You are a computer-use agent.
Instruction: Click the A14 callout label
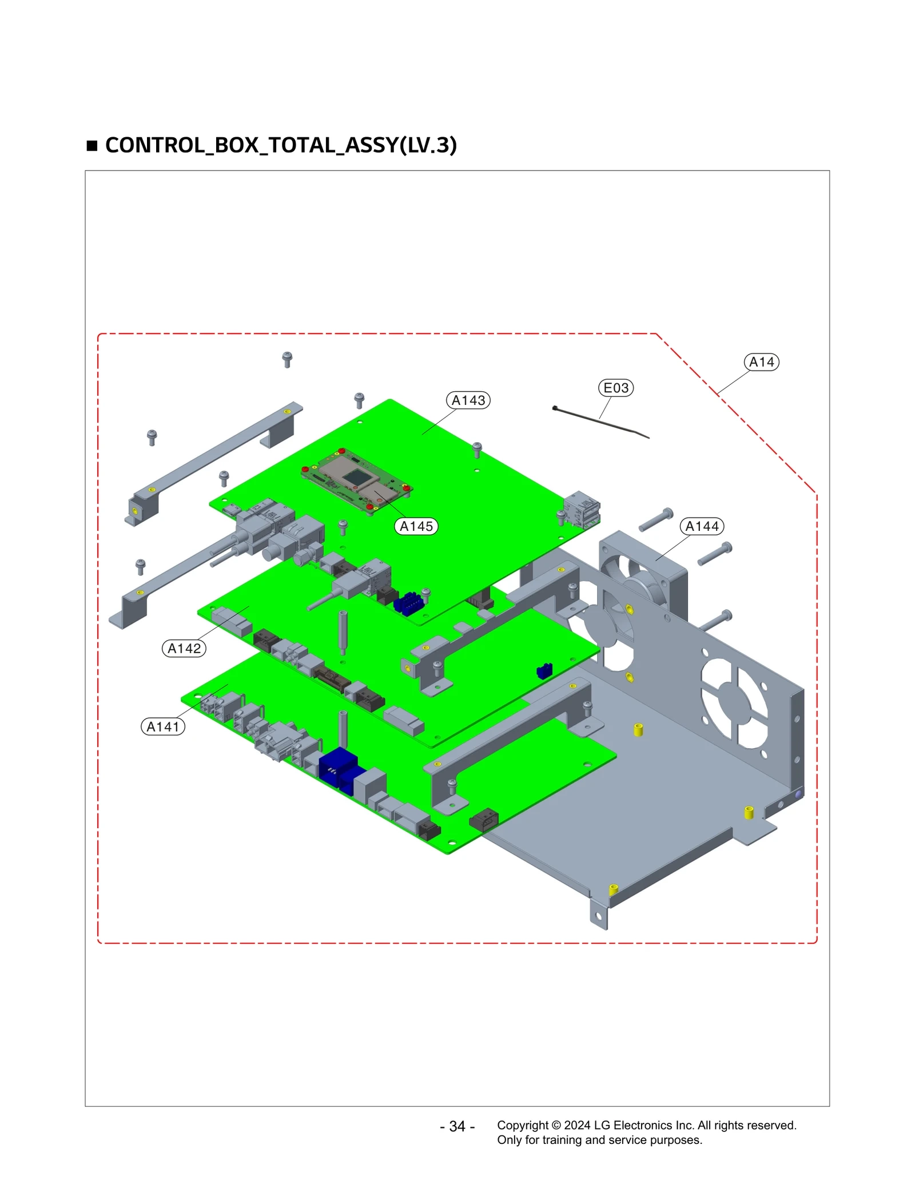(x=761, y=362)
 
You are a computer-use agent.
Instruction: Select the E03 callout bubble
(x=615, y=388)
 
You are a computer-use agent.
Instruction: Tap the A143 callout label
(x=468, y=400)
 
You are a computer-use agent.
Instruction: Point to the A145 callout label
(x=416, y=526)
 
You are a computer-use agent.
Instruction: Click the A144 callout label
(x=701, y=526)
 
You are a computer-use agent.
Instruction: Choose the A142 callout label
(x=184, y=649)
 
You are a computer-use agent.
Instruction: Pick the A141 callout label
(x=162, y=727)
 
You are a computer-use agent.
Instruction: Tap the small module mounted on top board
(x=356, y=480)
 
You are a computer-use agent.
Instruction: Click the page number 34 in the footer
(x=457, y=1126)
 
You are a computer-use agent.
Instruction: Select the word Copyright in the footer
(x=522, y=1125)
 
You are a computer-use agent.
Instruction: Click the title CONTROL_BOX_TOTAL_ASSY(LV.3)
(x=281, y=145)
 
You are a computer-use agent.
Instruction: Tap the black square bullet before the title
(x=92, y=146)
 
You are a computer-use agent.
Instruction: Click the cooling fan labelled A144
(x=640, y=578)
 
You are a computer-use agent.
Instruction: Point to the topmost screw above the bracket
(x=287, y=359)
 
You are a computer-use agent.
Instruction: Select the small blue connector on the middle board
(x=544, y=670)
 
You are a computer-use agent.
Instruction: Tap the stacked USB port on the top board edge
(x=582, y=509)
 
